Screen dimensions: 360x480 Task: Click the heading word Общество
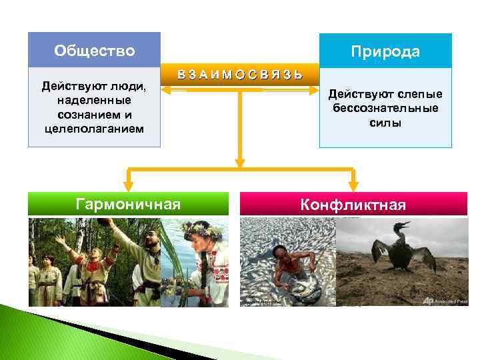pos(94,51)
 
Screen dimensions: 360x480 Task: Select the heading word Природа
pos(387,52)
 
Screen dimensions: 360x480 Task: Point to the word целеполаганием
pos(94,128)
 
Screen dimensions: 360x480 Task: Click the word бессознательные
pos(386,108)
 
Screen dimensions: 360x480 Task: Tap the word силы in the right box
pos(386,122)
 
